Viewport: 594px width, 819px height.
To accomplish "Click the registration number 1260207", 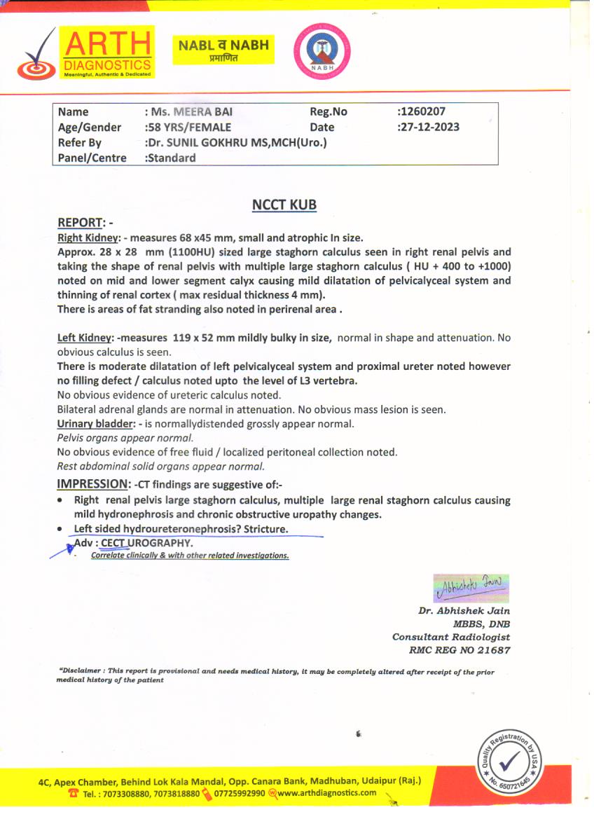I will [422, 111].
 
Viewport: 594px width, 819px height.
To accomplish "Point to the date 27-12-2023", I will [429, 127].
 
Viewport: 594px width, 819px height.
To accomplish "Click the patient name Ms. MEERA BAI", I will [188, 111].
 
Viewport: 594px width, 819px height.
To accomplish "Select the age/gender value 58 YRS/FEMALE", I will [188, 127].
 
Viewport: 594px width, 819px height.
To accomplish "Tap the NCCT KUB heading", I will [284, 205].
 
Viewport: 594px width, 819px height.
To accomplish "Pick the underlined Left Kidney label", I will [86, 338].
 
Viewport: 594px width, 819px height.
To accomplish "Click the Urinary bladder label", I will [97, 424].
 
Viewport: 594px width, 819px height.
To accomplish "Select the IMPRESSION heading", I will [93, 484].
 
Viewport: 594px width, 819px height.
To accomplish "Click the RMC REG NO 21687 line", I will [460, 650].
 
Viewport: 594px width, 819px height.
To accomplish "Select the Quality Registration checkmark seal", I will [509, 761].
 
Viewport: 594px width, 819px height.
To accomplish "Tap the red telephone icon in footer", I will [73, 793].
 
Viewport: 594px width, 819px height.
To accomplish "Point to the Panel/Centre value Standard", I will [170, 158].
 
